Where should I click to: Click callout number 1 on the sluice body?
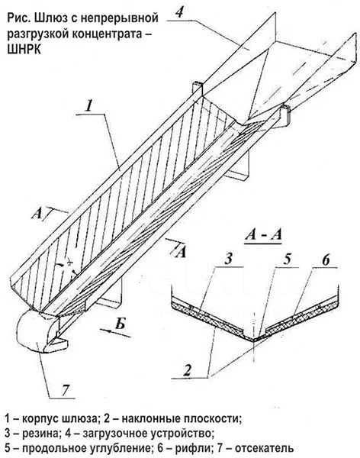[x=89, y=105]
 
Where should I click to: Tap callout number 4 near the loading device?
[x=180, y=12]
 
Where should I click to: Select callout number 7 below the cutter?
[x=65, y=390]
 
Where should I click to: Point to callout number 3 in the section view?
[x=229, y=259]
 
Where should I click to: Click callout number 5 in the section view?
[x=288, y=259]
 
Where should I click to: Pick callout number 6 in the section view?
[x=325, y=260]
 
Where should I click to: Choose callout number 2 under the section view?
[x=187, y=370]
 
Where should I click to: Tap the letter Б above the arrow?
[x=120, y=323]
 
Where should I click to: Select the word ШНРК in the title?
[x=24, y=50]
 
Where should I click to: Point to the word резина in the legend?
[x=40, y=433]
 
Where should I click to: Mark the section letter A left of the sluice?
[x=37, y=214]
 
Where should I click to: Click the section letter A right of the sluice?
[x=181, y=252]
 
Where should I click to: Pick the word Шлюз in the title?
[x=47, y=18]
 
